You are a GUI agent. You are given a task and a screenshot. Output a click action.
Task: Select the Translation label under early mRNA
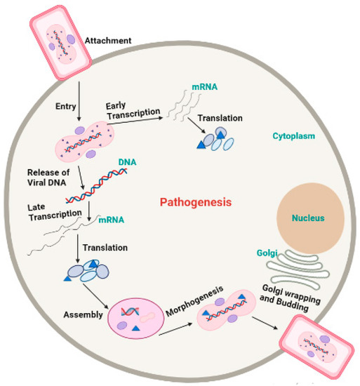222,119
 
